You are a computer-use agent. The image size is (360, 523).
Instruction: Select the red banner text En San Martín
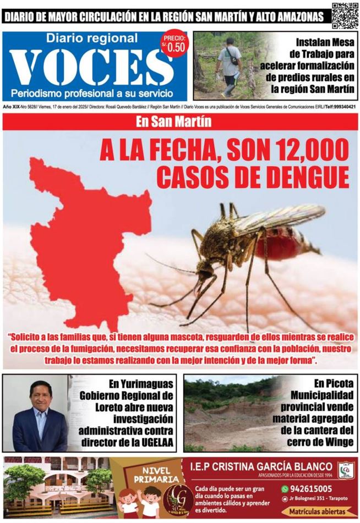pyautogui.click(x=181, y=122)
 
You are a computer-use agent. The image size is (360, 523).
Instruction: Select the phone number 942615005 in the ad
pyautogui.click(x=312, y=488)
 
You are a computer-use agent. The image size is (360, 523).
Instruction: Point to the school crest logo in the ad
pyautogui.click(x=345, y=469)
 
